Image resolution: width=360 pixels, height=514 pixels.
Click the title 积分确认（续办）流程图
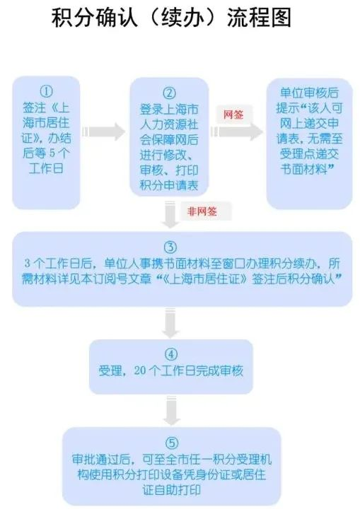tap(171, 18)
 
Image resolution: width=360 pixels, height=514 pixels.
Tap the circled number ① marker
tap(46, 91)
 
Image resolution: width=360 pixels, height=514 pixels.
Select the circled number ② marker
tap(169, 93)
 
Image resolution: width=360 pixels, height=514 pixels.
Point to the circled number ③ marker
tap(170, 247)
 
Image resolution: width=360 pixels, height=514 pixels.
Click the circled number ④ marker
tap(171, 354)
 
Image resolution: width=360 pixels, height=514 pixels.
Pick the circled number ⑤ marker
tap(172, 443)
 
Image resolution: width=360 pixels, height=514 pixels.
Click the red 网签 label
tap(233, 115)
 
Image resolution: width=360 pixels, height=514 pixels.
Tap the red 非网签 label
tap(202, 211)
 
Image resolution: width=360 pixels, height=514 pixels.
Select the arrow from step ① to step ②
tap(103, 132)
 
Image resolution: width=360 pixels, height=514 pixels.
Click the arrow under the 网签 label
tap(237, 132)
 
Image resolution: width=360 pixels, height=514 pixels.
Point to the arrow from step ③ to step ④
tap(170, 322)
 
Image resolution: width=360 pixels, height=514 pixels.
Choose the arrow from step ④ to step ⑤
tap(171, 411)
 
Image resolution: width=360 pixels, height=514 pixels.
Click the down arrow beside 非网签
tap(170, 214)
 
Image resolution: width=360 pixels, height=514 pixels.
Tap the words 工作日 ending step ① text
tap(46, 168)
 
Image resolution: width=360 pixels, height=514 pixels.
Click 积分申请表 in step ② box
tap(169, 185)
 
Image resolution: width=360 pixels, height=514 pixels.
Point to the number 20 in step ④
tap(139, 370)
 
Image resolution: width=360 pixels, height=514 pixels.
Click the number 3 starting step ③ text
tap(28, 263)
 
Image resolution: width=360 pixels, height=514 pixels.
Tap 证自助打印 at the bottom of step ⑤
tap(171, 490)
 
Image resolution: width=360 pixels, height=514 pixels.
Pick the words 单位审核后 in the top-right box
tap(309, 93)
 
